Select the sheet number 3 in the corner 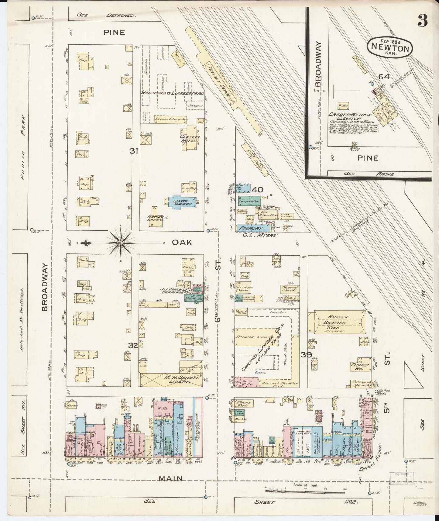coord(422,21)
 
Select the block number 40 coord(257,190)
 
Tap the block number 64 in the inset coord(384,77)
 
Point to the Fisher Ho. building coord(360,366)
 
